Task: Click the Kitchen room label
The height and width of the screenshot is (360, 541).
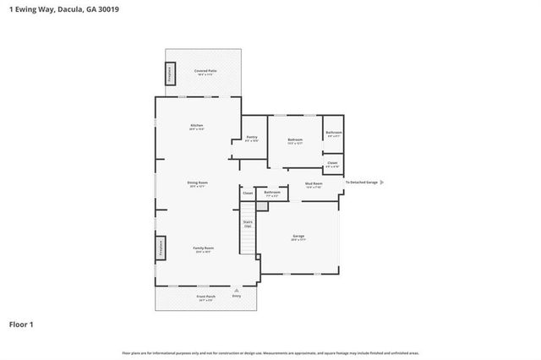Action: (196, 126)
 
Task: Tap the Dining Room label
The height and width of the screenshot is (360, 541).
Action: (197, 183)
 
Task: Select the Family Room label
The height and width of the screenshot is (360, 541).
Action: (203, 248)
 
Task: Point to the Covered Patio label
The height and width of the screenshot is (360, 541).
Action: (203, 71)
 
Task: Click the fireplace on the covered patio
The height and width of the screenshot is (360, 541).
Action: (170, 73)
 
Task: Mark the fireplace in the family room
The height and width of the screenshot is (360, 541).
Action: (159, 247)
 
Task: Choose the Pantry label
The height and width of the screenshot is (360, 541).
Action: (251, 137)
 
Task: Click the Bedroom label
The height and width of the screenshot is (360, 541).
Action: (295, 139)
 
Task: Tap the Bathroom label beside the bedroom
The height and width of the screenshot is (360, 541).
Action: (333, 132)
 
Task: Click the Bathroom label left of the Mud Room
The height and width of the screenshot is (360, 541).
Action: (271, 193)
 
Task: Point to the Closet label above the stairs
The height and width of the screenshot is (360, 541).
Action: (248, 194)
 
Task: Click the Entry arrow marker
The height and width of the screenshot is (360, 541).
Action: (236, 289)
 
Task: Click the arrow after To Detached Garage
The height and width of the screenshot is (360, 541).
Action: (382, 182)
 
